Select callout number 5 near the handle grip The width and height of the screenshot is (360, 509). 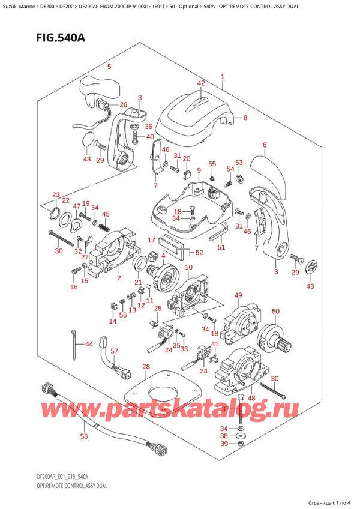point(109,67)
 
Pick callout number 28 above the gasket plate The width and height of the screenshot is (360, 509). point(145,367)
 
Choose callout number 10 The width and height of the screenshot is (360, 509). point(188,267)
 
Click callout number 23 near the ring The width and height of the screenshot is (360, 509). point(56,194)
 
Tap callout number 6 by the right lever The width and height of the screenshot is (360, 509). point(264,145)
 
